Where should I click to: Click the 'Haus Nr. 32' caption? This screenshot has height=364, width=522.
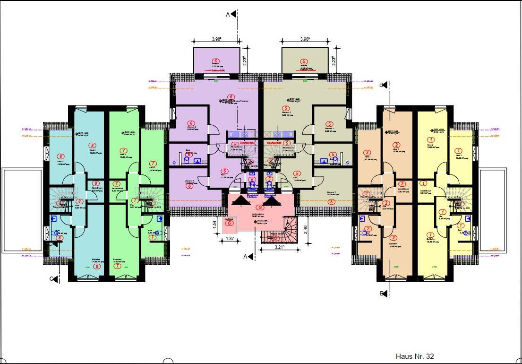click(414, 356)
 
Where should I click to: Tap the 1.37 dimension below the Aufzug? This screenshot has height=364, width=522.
click(230, 239)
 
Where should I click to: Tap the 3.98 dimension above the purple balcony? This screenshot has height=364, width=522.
click(217, 40)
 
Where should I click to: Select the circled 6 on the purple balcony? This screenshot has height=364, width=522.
click(216, 61)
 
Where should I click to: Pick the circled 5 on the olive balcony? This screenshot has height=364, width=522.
click(304, 61)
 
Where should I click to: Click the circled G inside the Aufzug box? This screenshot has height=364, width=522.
click(230, 224)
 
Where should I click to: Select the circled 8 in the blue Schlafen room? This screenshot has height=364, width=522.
click(97, 266)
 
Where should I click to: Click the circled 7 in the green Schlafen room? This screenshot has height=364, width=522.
click(117, 266)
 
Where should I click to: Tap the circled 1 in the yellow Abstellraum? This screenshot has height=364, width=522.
click(423, 183)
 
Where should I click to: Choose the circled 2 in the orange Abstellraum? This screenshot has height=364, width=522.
click(402, 184)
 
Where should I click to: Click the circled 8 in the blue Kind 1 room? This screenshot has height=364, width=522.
click(60, 156)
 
